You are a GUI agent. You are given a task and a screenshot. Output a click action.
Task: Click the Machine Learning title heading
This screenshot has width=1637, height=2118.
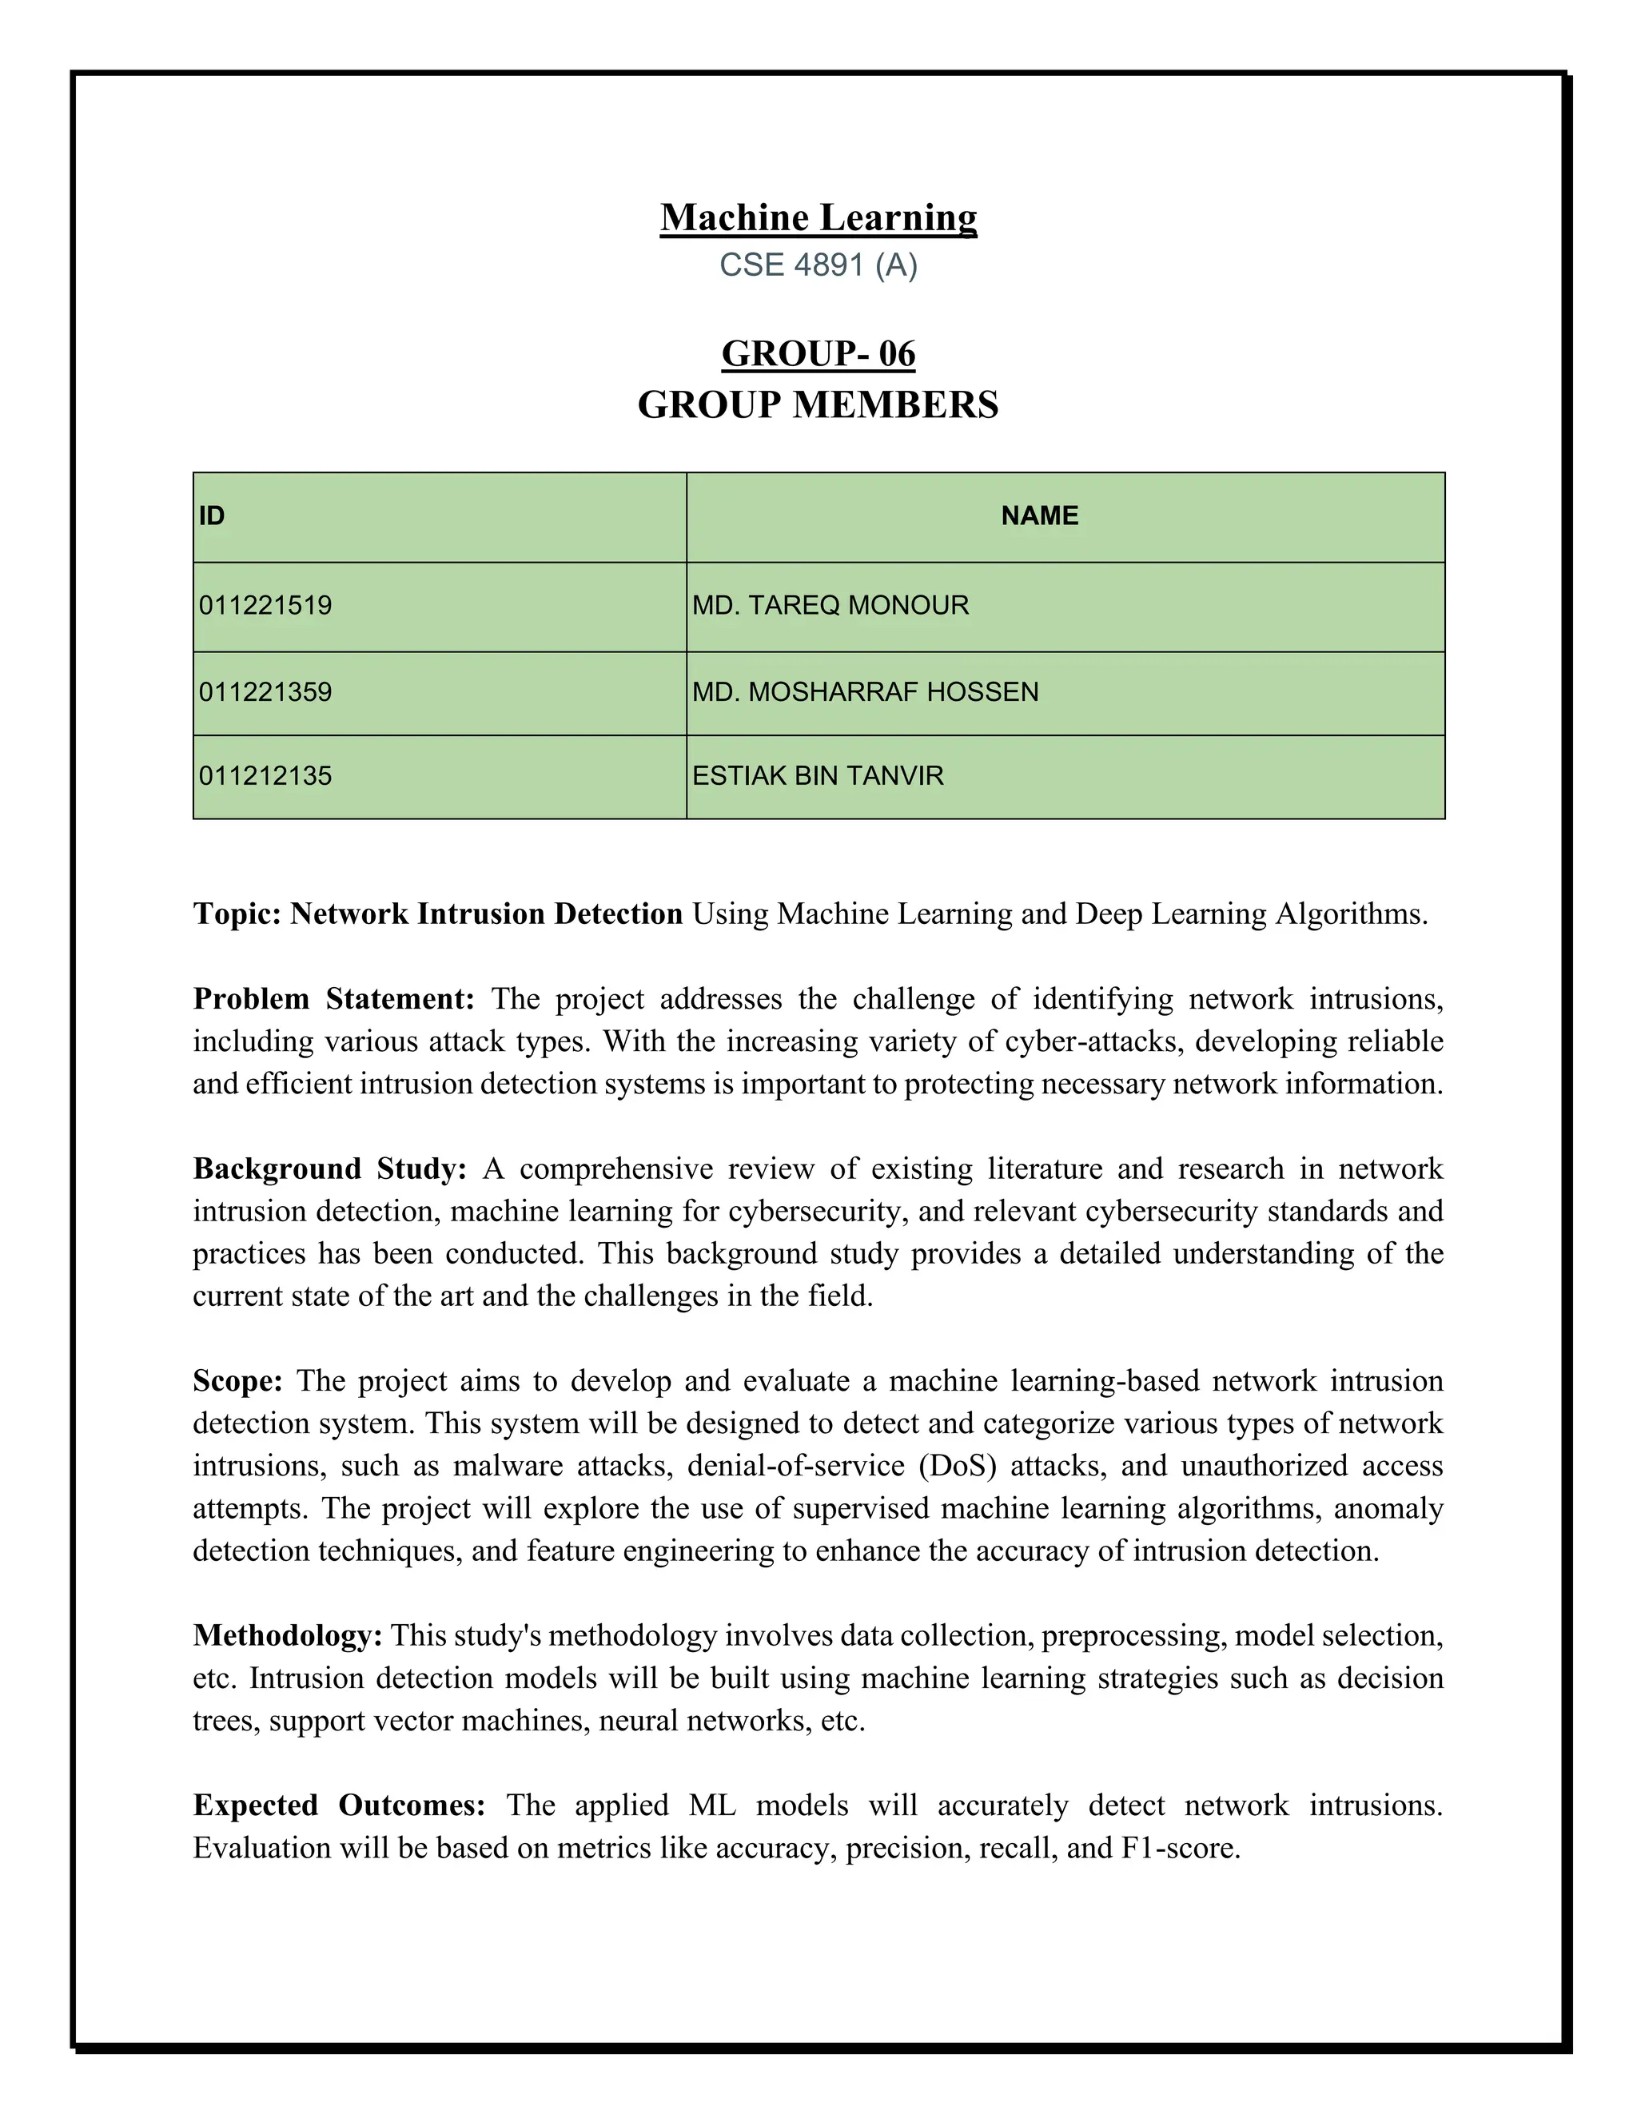tap(818, 217)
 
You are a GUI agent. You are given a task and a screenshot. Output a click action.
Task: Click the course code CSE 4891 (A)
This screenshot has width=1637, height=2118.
tap(818, 265)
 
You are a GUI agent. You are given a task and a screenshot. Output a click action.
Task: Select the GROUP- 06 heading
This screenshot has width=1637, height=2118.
tap(818, 354)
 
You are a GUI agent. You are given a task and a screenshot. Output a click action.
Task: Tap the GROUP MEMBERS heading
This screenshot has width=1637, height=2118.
tap(818, 405)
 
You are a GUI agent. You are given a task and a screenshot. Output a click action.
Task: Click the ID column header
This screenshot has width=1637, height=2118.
tap(213, 516)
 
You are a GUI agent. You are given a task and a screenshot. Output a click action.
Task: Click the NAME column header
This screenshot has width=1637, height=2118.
tap(1040, 516)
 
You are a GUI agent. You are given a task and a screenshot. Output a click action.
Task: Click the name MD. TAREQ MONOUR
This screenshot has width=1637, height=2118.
tap(830, 606)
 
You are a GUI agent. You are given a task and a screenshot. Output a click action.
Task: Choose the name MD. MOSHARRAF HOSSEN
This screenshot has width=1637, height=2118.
tap(865, 692)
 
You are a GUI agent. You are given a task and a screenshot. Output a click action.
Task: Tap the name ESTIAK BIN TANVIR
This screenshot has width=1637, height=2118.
tap(818, 776)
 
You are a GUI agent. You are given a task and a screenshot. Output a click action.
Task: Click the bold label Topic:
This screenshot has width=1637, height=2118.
tap(237, 914)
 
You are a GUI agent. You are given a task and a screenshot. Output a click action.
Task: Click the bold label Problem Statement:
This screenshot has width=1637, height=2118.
tap(333, 999)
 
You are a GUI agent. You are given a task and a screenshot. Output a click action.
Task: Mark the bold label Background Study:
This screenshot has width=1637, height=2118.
tap(330, 1169)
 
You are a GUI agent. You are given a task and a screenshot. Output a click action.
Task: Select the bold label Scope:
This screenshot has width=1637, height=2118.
tap(237, 1381)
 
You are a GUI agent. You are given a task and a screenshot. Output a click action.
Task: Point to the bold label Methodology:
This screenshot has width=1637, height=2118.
tap(288, 1636)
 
